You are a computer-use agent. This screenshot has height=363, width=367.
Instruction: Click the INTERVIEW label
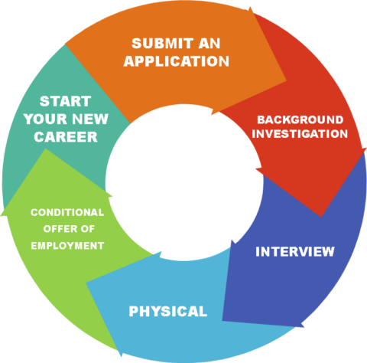click(x=294, y=251)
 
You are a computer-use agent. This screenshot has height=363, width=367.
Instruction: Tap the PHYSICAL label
click(x=167, y=312)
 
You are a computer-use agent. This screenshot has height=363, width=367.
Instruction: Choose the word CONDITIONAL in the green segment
click(x=67, y=212)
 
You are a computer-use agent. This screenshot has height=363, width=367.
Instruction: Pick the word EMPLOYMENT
click(x=67, y=246)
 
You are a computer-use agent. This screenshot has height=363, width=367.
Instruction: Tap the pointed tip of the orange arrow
click(x=284, y=79)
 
